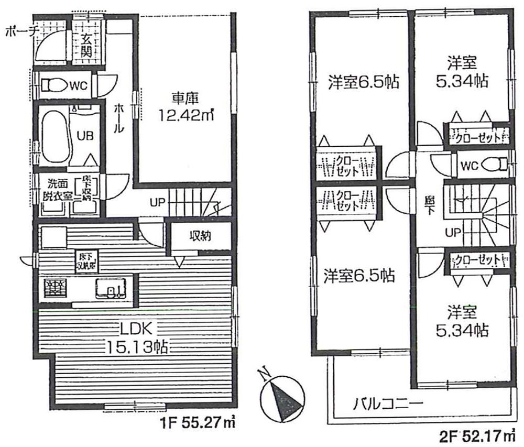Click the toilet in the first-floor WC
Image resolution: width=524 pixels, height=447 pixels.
pyautogui.click(x=53, y=85)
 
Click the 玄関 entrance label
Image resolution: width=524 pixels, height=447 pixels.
pyautogui.click(x=87, y=45)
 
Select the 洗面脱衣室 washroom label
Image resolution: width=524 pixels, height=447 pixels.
pyautogui.click(x=54, y=191)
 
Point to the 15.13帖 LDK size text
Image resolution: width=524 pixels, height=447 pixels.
pyautogui.click(x=137, y=347)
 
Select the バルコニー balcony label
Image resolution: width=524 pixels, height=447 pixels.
pyautogui.click(x=387, y=404)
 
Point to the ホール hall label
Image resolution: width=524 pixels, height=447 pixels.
pyautogui.click(x=119, y=118)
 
